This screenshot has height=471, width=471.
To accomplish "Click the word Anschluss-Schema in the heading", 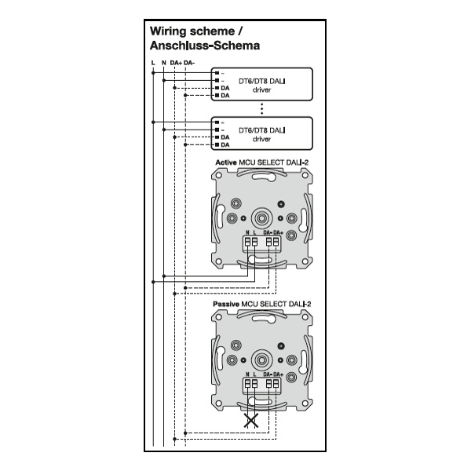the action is click(205, 46).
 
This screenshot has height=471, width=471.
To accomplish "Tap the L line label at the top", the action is click(153, 63).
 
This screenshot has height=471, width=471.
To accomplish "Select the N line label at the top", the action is click(164, 63).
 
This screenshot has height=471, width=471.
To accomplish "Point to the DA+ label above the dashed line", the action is click(176, 63).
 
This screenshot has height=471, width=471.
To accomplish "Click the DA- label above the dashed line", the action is click(189, 63).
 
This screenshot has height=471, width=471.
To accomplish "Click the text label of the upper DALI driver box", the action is click(262, 86).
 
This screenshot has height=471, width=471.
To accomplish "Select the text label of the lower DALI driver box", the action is click(262, 134).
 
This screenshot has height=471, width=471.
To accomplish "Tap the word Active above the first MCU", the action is click(226, 162).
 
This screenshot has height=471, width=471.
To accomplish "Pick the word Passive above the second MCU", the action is click(226, 304).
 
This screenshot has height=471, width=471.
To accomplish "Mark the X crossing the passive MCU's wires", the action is click(251, 421).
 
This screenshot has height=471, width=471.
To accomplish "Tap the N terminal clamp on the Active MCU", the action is click(248, 242).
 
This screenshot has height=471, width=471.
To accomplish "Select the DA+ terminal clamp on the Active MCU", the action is click(276, 242).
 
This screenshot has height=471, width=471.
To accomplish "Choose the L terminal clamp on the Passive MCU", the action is click(254, 384).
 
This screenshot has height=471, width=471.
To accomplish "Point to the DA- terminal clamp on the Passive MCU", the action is click(269, 384).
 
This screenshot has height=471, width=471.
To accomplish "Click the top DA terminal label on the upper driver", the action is click(225, 88).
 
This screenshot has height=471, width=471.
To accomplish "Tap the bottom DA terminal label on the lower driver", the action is click(225, 144).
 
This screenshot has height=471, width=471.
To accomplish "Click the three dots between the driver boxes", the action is click(262, 109).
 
